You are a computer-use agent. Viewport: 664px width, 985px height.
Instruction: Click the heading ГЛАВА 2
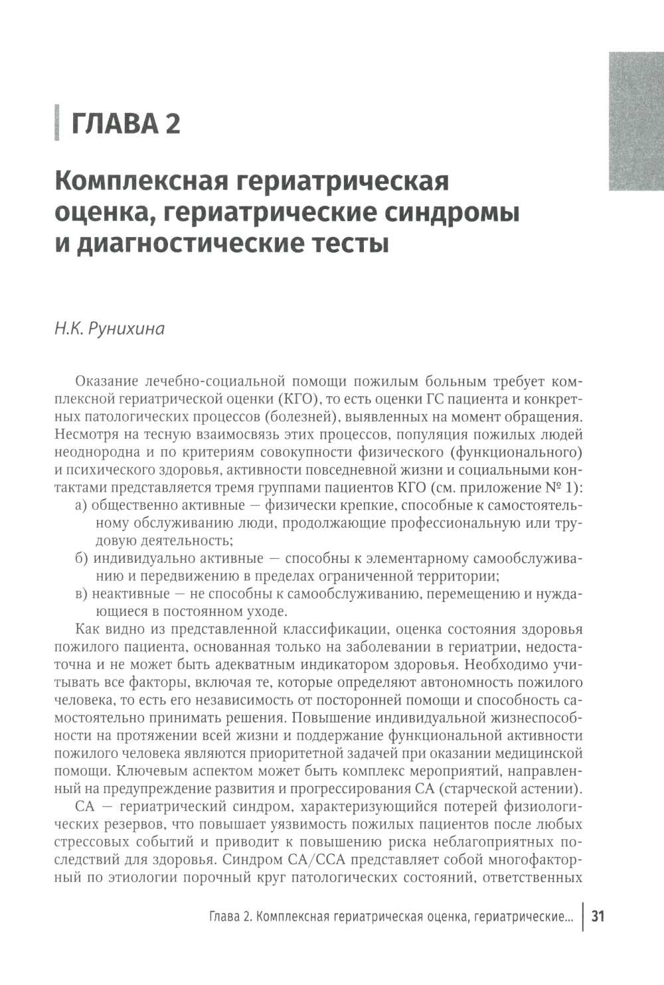click(125, 123)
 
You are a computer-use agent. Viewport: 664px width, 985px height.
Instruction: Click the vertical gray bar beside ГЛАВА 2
click(57, 123)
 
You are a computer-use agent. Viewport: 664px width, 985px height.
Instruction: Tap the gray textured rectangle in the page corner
click(635, 121)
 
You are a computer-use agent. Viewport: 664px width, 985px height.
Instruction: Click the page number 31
click(598, 917)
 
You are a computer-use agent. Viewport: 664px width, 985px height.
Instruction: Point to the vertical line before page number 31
click(583, 917)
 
